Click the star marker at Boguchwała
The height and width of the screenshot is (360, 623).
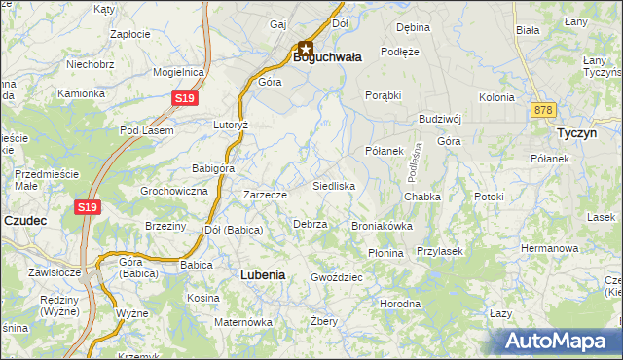306,48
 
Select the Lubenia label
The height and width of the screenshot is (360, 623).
263,275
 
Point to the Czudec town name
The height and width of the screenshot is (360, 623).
25,221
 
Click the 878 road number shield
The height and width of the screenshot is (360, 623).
543,111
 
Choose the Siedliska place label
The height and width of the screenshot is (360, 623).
333,185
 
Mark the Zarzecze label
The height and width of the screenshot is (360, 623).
265,195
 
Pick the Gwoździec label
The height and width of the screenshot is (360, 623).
337,277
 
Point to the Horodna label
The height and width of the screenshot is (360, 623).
400,304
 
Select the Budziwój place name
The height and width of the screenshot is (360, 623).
439,119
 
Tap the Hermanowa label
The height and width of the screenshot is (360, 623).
549,248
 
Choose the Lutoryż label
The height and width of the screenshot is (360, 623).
232,126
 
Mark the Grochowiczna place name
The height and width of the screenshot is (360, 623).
174,191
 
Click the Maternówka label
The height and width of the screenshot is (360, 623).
243,321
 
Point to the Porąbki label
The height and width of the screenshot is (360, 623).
384,95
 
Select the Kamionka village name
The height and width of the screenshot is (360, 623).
81,93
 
